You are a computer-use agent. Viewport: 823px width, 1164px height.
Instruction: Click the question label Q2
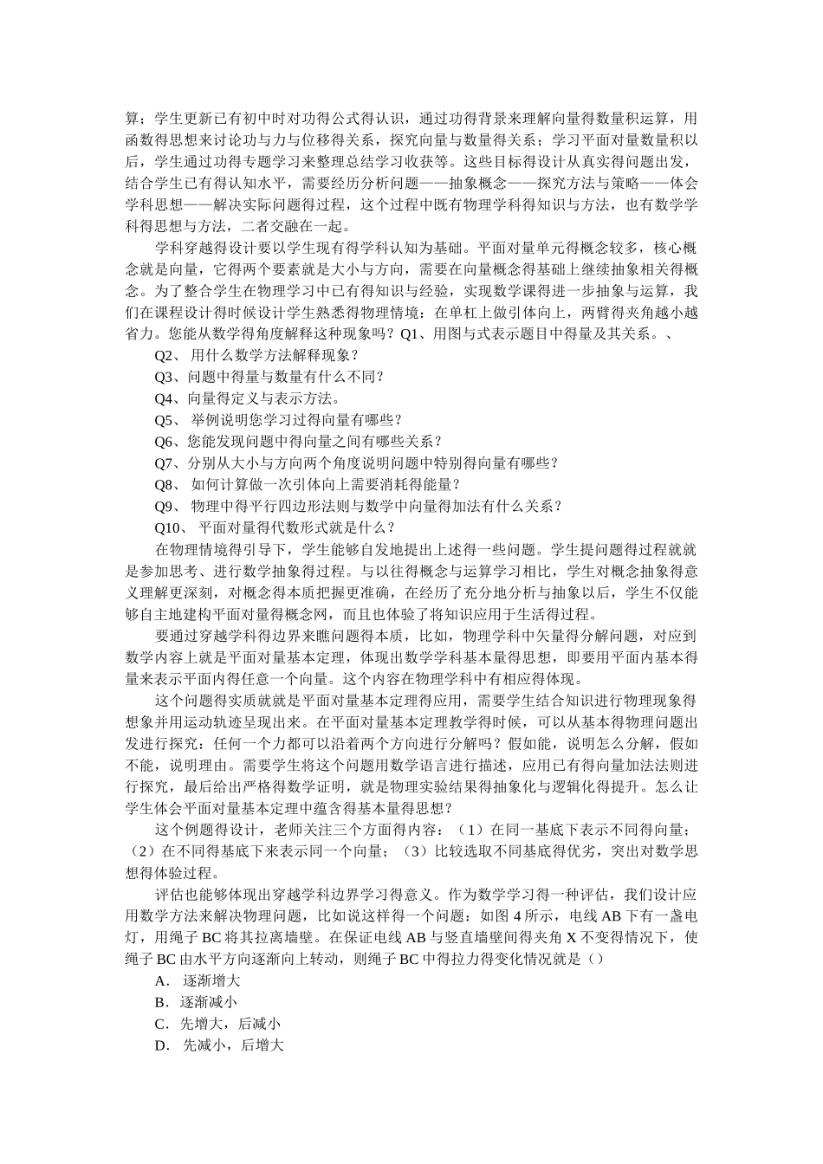click(x=165, y=355)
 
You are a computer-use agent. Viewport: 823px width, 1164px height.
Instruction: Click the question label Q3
click(x=165, y=377)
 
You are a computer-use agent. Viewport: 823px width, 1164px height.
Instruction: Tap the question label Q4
click(x=165, y=398)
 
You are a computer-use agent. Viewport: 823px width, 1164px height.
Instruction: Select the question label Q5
click(x=165, y=420)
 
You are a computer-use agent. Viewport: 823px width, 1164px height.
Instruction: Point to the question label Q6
click(x=165, y=442)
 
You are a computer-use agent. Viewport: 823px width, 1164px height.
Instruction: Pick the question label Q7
click(x=165, y=463)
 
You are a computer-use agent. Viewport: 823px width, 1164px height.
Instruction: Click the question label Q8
click(x=165, y=485)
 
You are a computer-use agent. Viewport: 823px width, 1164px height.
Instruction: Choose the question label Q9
click(x=165, y=507)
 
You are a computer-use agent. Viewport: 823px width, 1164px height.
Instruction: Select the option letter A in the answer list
click(x=160, y=981)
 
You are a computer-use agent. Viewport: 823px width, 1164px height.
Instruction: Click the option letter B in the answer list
click(x=160, y=1003)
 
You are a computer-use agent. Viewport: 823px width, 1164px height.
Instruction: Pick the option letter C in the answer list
click(x=160, y=1025)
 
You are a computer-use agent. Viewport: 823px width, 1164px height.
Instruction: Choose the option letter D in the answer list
click(x=160, y=1046)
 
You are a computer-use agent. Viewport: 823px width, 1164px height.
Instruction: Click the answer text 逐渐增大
click(x=211, y=981)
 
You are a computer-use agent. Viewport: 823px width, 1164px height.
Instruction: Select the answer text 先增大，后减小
click(x=230, y=1025)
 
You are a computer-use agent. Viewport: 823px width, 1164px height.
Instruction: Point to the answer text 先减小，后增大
click(x=234, y=1046)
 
